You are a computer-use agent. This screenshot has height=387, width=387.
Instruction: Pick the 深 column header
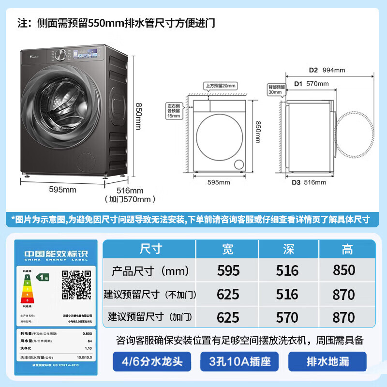288,249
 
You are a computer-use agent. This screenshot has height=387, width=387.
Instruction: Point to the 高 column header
347,249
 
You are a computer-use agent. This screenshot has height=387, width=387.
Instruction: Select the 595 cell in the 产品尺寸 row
228,270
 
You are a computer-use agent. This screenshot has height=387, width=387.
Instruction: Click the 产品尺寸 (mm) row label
150,270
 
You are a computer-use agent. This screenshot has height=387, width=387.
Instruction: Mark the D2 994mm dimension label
327,70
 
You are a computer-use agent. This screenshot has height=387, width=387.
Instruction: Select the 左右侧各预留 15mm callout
173,110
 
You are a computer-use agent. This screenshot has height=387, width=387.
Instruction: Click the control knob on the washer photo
61,54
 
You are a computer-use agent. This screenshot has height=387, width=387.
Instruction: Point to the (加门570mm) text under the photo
130,199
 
